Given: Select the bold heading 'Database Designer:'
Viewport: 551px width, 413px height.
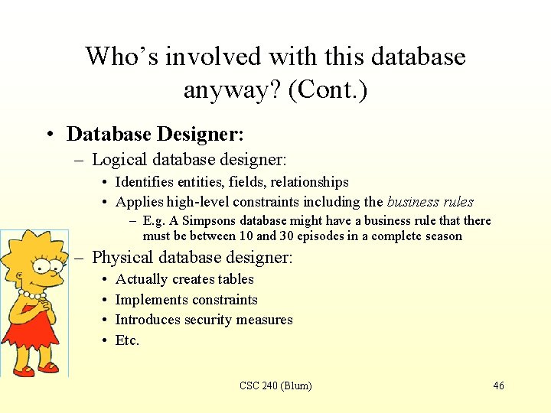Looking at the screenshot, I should coord(155,135).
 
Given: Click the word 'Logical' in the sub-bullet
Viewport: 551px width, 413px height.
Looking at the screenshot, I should coord(119,160).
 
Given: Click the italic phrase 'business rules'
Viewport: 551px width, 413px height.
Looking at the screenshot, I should coord(430,202).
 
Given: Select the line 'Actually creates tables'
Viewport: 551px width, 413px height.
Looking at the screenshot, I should coord(184,279).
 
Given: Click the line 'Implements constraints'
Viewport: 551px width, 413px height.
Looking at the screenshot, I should coord(186,300).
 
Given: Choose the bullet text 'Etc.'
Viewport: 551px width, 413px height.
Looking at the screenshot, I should coord(127,340).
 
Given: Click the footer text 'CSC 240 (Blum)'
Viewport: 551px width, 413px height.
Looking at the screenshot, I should coord(275,386).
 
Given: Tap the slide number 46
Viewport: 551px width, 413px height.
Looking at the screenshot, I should coord(498,386).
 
